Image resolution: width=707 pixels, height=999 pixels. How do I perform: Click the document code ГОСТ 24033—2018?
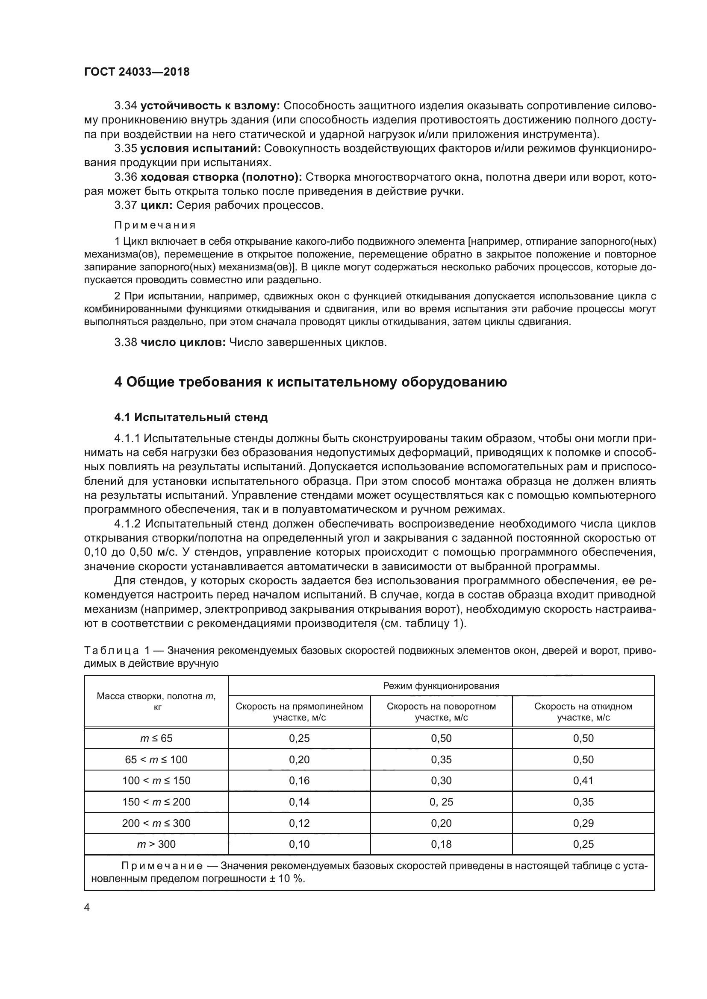point(137,72)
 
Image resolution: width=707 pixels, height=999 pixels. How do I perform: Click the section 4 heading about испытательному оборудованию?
point(310,382)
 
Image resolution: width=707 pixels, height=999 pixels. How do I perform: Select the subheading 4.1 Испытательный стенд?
point(191,417)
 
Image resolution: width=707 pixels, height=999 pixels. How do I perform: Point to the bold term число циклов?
point(183,343)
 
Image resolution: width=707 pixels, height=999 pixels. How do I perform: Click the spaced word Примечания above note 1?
point(155,226)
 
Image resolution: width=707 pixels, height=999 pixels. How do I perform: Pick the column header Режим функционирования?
point(441,686)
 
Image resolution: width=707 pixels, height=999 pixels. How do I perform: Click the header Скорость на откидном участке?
point(583,712)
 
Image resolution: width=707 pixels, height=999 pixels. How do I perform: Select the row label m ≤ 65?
point(156,738)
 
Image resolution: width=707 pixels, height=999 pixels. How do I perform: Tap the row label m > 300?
point(156,844)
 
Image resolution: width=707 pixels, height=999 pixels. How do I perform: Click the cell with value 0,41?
point(583,781)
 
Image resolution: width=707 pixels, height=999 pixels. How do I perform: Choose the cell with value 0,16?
point(299,781)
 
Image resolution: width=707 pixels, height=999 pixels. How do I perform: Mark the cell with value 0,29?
point(583,823)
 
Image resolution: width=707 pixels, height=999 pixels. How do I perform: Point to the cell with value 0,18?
point(441,844)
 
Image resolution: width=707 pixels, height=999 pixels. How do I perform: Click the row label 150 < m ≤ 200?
point(156,802)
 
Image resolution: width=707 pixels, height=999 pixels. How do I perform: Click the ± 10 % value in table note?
point(286,879)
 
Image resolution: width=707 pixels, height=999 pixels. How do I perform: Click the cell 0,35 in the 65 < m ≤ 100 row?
point(441,760)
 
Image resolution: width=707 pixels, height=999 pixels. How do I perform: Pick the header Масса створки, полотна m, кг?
point(156,701)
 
